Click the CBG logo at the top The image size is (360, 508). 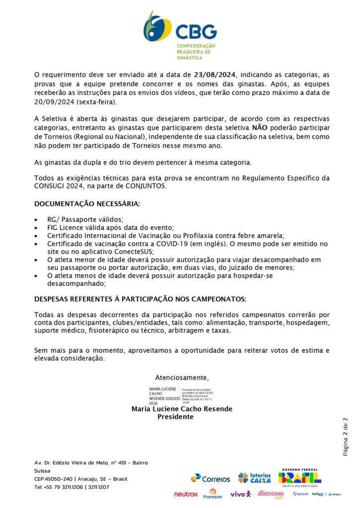click(x=180, y=35)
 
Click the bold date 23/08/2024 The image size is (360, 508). click(x=216, y=75)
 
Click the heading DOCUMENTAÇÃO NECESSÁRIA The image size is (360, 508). click(x=87, y=204)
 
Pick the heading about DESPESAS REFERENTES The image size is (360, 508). click(x=140, y=299)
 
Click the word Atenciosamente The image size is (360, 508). click(x=182, y=377)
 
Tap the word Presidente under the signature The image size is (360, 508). click(x=175, y=417)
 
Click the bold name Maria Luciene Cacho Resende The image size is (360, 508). click(x=182, y=409)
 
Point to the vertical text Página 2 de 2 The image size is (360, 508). click(x=346, y=437)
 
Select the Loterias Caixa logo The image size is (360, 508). click(x=254, y=478)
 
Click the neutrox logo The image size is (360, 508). click(x=186, y=494)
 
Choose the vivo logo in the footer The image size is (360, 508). click(x=240, y=494)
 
